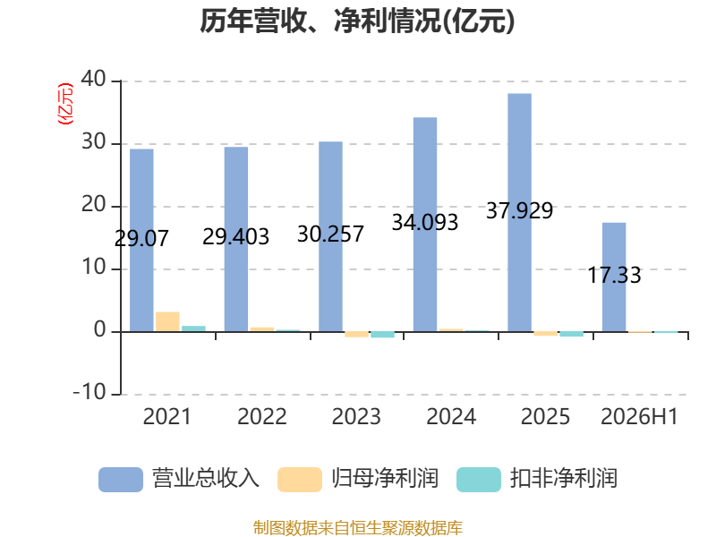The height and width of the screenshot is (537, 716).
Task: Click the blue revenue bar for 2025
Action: [x=520, y=212]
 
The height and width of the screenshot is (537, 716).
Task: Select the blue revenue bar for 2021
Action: [x=141, y=240]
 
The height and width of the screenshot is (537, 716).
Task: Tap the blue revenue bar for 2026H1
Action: [x=614, y=277]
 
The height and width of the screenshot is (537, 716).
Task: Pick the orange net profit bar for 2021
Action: [x=167, y=322]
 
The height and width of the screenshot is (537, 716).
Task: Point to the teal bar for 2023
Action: [x=383, y=335]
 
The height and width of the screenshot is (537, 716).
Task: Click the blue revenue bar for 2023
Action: [x=330, y=236]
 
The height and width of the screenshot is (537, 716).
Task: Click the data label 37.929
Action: [x=520, y=210]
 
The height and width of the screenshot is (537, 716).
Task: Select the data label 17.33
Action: [x=614, y=276]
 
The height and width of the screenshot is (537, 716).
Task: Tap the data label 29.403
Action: [x=235, y=236]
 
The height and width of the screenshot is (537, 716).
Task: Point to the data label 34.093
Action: [x=424, y=222]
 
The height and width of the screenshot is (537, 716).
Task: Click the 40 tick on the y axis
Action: [x=94, y=80]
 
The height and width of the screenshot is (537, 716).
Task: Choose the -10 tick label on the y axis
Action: [x=89, y=392]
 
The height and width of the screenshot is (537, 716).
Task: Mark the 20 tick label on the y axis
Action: [x=94, y=205]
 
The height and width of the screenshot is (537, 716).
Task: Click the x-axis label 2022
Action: [x=262, y=416]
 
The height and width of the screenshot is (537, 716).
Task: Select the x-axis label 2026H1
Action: [x=639, y=416]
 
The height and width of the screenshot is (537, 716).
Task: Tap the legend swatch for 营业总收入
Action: [x=121, y=480]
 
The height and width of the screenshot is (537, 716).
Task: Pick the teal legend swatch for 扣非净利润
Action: [x=479, y=480]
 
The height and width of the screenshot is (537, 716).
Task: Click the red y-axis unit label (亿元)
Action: [x=65, y=104]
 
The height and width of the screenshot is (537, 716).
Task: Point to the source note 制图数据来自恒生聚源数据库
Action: [x=358, y=528]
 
